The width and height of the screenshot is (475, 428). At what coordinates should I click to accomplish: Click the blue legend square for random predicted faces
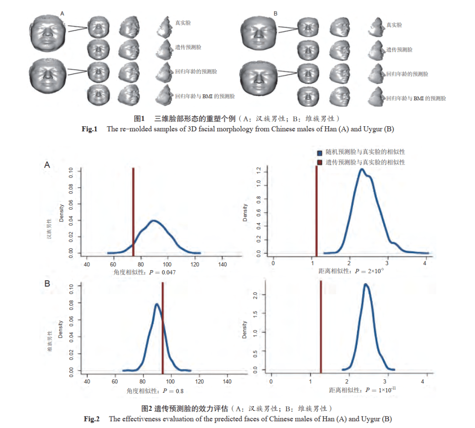319,152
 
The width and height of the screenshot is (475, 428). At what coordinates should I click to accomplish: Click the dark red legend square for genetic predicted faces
319,162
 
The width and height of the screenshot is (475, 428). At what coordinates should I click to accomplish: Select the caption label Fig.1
89,129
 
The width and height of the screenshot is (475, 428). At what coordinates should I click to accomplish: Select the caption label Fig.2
92,419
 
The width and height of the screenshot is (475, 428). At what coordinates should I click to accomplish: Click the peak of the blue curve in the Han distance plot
362,169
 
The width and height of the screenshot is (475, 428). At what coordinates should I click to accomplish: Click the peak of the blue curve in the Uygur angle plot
157,305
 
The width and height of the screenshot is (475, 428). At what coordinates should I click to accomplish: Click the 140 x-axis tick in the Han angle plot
223,264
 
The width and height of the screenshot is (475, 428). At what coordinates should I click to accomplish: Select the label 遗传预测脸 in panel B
399,49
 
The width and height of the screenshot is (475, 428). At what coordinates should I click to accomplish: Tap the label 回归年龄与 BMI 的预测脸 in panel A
205,97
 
